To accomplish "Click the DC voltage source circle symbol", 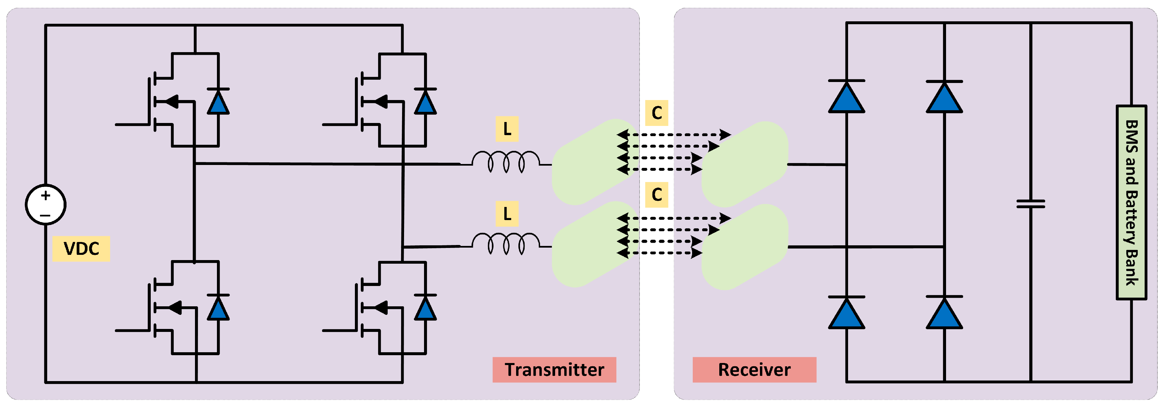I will coord(46,204).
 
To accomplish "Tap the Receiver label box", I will coord(754,370).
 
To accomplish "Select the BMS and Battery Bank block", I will coord(1131,202).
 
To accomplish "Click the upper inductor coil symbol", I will coord(506,162).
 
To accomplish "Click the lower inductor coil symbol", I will coord(506,244).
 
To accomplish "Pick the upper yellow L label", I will coord(507,129).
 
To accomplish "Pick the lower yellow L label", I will coord(507,214).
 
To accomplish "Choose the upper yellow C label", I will coord(656,113).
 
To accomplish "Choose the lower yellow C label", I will coord(656,194).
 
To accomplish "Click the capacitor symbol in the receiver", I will coord(1031,204).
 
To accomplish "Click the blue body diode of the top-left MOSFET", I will coord(218,102).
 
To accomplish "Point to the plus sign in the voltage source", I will coord(46,195).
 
